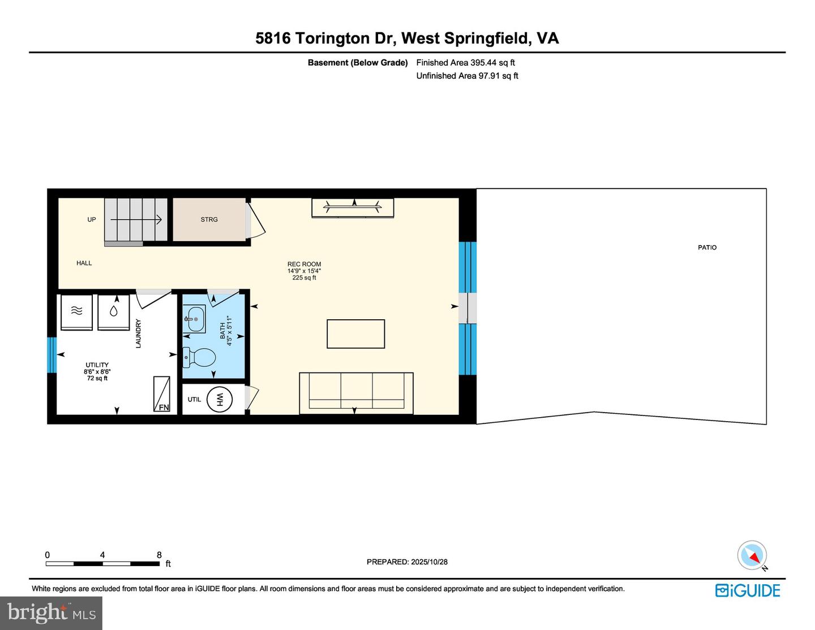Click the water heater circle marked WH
[220, 400]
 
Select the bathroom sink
[194, 319]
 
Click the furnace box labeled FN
[161, 394]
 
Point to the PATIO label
[707, 247]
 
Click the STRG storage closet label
[209, 220]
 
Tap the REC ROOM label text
[304, 264]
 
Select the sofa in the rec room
[356, 392]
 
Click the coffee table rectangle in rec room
[355, 334]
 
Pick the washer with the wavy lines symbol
[76, 311]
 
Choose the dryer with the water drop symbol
[114, 311]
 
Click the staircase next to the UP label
[135, 220]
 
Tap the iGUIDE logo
[748, 590]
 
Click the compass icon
[752, 555]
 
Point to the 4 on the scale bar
[102, 555]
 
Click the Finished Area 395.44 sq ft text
[465, 63]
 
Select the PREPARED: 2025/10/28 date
[407, 562]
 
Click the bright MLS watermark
[51, 613]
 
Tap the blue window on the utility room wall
[52, 355]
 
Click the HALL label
[84, 263]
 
